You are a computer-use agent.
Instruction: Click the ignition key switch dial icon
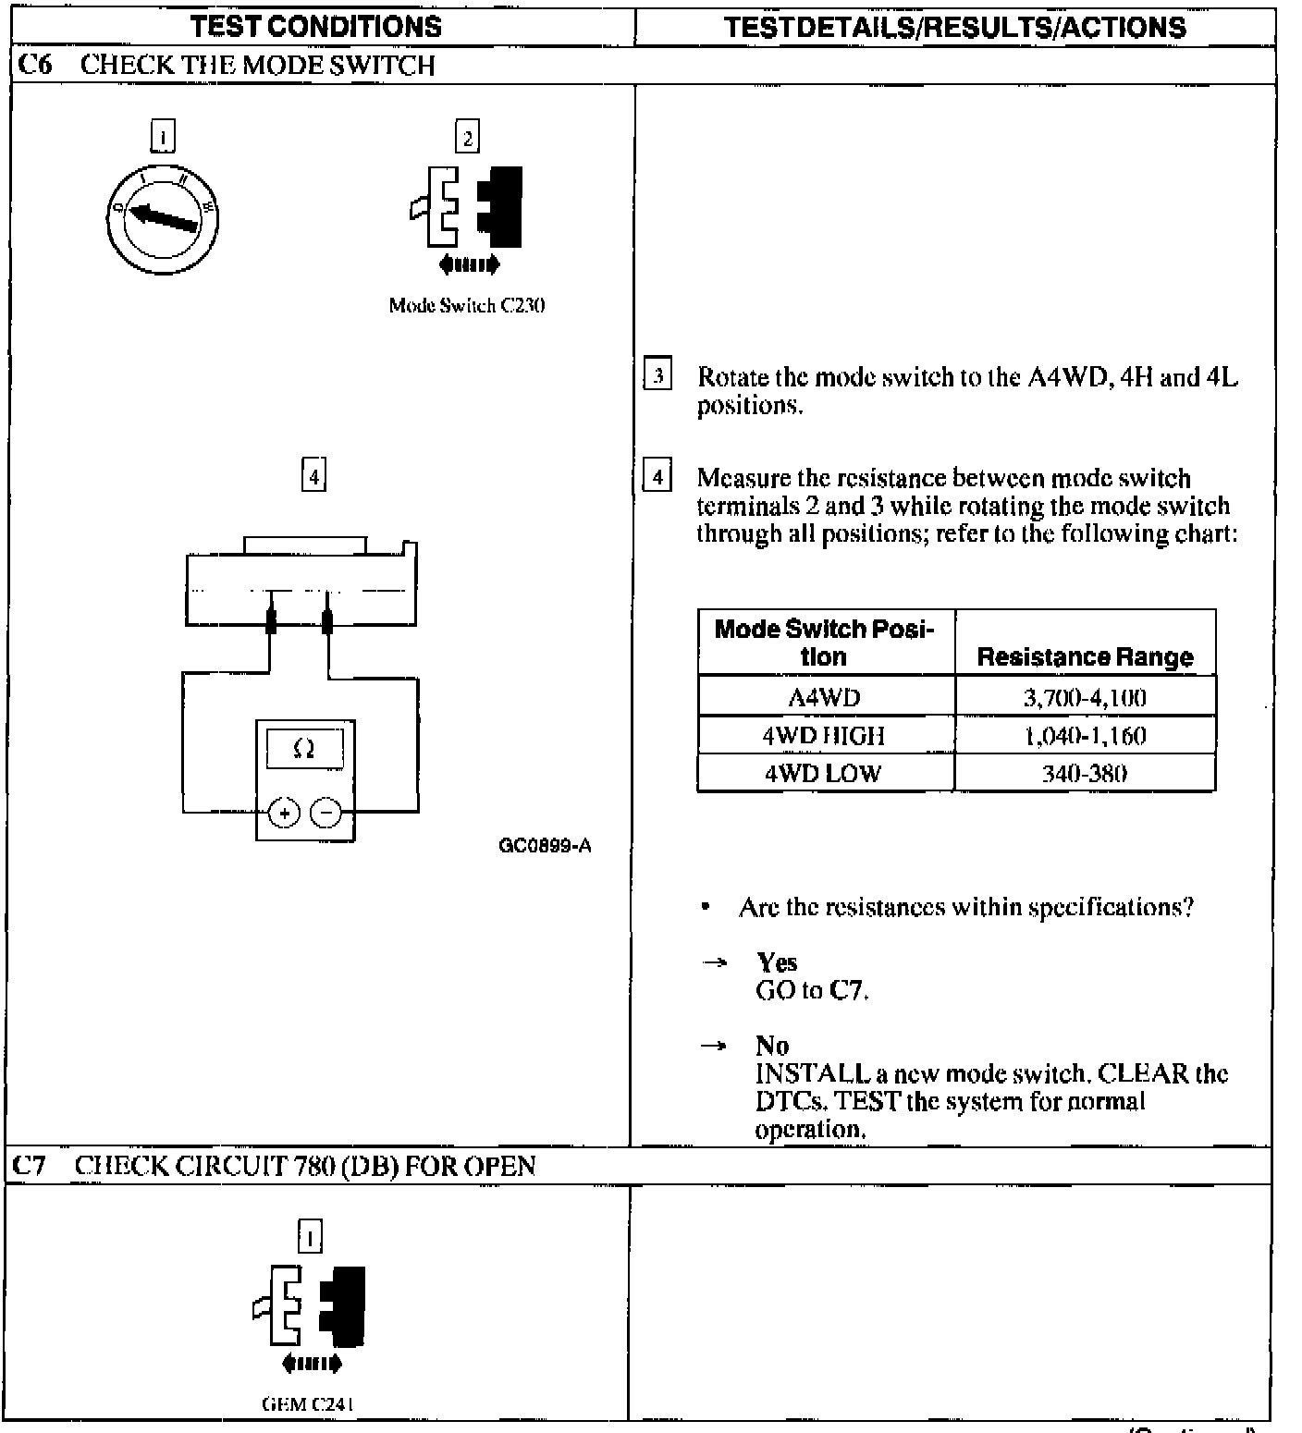[x=163, y=218]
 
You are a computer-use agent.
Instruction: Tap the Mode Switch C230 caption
[x=466, y=305]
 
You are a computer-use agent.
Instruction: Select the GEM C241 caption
[x=309, y=1403]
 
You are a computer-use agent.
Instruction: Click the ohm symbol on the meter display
[x=304, y=749]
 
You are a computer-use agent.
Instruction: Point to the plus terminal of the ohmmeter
[x=285, y=813]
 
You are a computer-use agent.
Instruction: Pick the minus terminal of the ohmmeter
[x=325, y=813]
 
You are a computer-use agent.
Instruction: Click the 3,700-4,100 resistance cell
[x=1084, y=697]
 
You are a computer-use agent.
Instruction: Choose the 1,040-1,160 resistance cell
[x=1084, y=736]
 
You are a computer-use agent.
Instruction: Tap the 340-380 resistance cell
[x=1084, y=774]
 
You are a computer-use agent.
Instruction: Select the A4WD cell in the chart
[x=824, y=697]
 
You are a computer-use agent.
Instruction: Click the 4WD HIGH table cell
[x=824, y=736]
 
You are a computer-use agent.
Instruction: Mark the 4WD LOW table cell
[x=824, y=774]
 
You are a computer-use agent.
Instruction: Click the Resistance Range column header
[x=1085, y=656]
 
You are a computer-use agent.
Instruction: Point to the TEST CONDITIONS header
[x=316, y=27]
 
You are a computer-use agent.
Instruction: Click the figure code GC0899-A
[x=545, y=845]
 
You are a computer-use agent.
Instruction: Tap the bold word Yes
[x=777, y=962]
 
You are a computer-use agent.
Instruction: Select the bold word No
[x=772, y=1046]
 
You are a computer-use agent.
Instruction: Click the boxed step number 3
[x=657, y=375]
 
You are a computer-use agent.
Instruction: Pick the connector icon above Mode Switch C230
[x=467, y=207]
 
